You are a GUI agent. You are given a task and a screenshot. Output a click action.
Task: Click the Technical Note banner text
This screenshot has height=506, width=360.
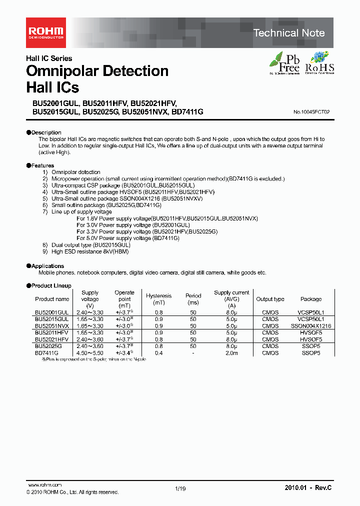[289, 33]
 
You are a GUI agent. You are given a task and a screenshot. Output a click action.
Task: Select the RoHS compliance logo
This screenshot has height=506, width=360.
[319, 62]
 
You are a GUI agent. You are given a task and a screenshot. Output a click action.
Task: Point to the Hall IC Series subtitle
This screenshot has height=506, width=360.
[49, 58]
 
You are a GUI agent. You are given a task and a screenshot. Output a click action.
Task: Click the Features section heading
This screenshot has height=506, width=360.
[40, 165]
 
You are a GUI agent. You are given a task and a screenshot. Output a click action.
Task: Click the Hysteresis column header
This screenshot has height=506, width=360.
[159, 296]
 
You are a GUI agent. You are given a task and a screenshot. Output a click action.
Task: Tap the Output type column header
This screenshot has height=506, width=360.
[270, 299]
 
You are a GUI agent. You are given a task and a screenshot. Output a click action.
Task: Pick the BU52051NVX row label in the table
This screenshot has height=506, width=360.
[52, 325]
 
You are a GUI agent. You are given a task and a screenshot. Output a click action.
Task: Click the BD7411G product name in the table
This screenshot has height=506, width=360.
[47, 352]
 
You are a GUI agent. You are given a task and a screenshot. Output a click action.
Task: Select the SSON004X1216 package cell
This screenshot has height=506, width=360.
[311, 325]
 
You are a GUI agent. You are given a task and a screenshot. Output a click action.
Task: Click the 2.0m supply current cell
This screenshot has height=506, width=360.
[231, 352]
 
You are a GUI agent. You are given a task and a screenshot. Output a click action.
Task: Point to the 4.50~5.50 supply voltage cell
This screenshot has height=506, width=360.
[90, 352]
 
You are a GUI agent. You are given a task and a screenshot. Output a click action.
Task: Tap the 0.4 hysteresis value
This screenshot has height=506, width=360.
[159, 352]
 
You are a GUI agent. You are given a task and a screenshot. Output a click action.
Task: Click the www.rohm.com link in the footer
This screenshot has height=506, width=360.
[44, 485]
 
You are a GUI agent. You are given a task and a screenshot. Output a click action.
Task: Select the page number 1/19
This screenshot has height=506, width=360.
[180, 488]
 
